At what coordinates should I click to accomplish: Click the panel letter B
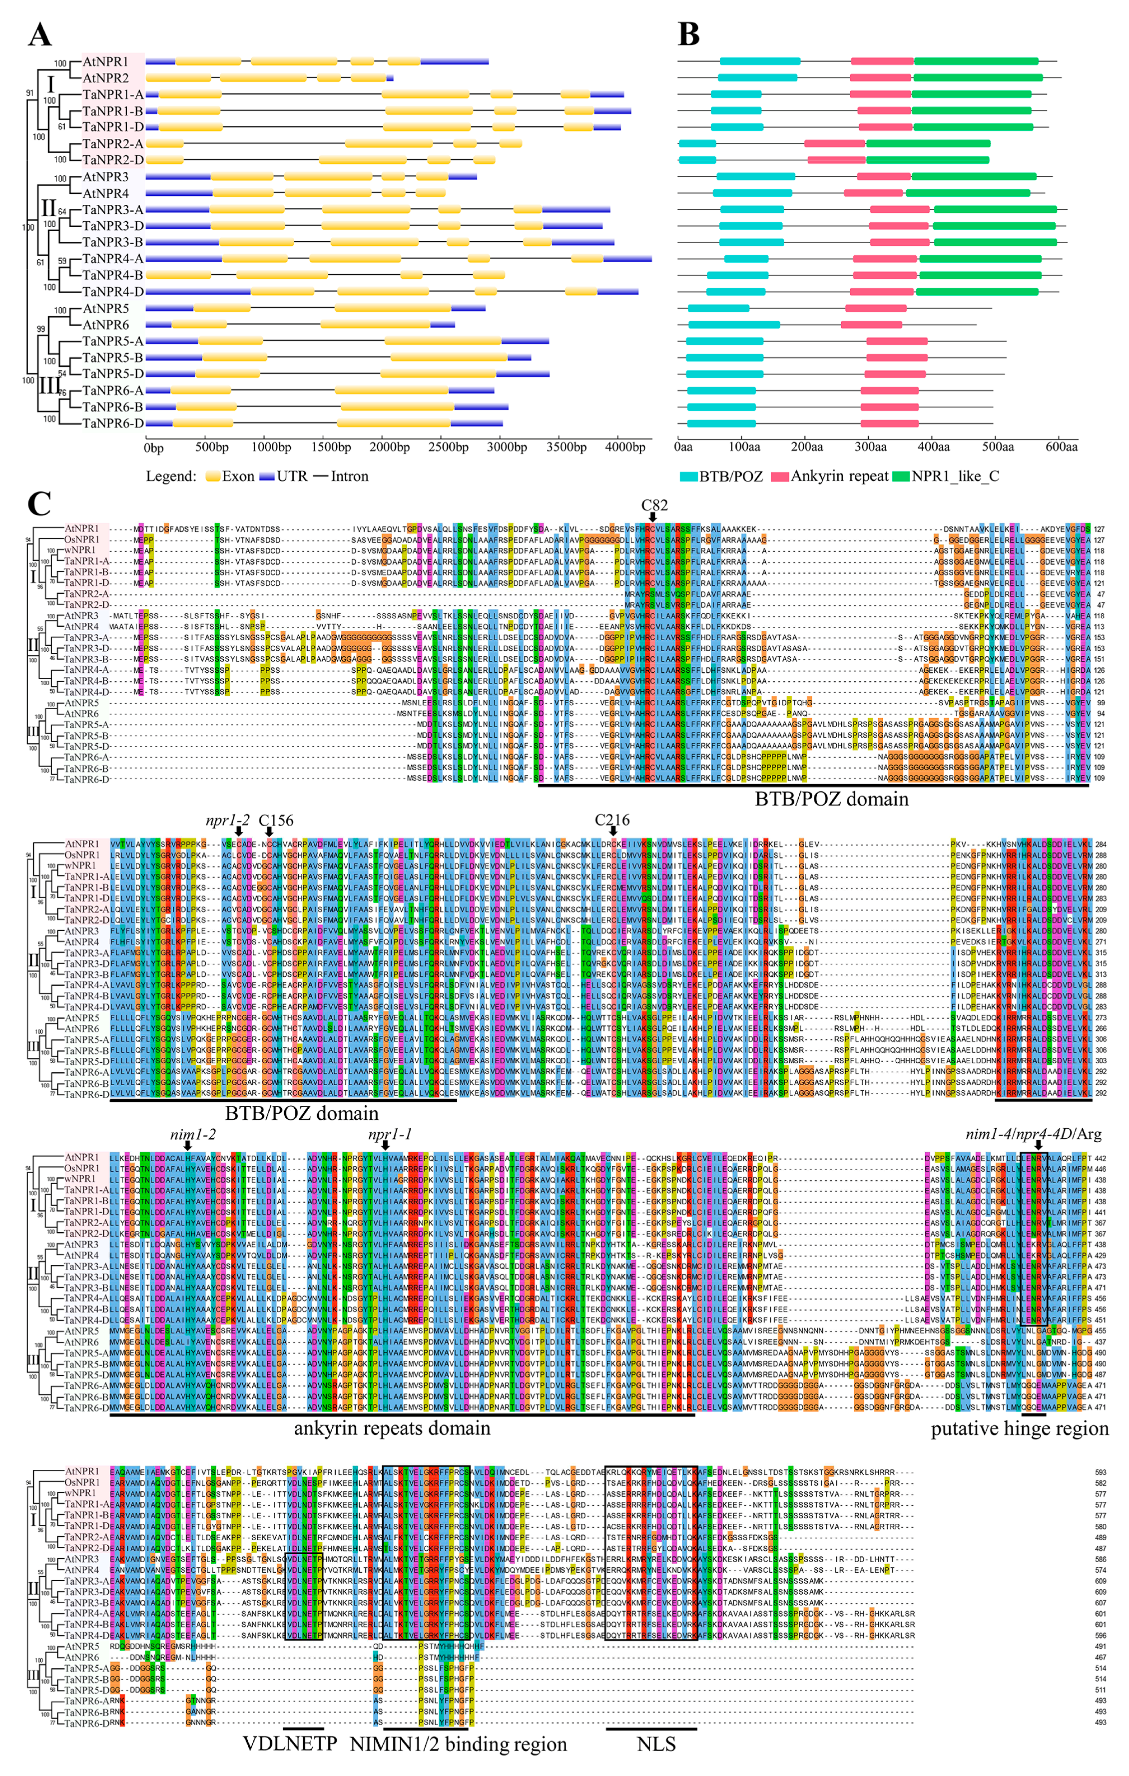pyautogui.click(x=688, y=34)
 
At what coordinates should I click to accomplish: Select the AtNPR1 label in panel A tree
pyautogui.click(x=105, y=62)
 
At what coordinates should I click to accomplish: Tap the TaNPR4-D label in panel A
pyautogui.click(x=113, y=291)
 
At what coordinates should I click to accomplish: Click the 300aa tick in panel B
pyautogui.click(x=870, y=447)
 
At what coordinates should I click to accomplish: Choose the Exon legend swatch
pyautogui.click(x=212, y=476)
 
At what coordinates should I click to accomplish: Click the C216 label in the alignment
pyautogui.click(x=612, y=820)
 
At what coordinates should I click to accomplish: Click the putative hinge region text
pyautogui.click(x=1019, y=1428)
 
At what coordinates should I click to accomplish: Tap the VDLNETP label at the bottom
pyautogui.click(x=290, y=1744)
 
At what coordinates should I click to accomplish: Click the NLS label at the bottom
pyautogui.click(x=655, y=1744)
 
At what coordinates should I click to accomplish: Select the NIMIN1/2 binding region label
pyautogui.click(x=458, y=1744)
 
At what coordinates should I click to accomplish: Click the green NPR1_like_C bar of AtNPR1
pyautogui.click(x=976, y=61)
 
